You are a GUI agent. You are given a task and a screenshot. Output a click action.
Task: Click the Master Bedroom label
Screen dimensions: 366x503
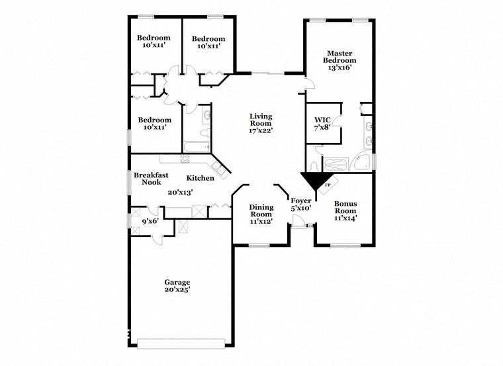[339, 60]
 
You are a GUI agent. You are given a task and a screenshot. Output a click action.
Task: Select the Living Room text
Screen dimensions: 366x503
[261, 124]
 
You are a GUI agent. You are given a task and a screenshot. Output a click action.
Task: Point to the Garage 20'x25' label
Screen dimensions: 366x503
[177, 286]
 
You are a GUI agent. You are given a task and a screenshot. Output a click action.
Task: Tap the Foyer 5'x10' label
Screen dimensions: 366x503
[302, 205]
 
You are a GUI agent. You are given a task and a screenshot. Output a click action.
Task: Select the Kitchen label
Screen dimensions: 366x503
[199, 178]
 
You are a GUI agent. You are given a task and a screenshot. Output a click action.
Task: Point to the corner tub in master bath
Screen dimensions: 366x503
[361, 161]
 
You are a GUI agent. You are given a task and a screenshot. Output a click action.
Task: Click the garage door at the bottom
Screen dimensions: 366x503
[180, 343]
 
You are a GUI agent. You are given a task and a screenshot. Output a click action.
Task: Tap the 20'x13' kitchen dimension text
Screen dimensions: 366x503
[180, 193]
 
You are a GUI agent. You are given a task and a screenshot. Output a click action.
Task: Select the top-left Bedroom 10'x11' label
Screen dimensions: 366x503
[154, 42]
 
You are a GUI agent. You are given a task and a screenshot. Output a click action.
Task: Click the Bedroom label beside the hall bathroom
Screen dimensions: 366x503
[154, 124]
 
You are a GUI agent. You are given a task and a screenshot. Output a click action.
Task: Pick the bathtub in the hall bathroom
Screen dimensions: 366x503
[196, 147]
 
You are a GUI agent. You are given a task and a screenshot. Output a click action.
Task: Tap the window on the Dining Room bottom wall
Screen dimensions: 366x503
[259, 246]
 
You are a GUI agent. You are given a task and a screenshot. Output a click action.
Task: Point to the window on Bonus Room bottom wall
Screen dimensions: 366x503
[344, 246]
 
